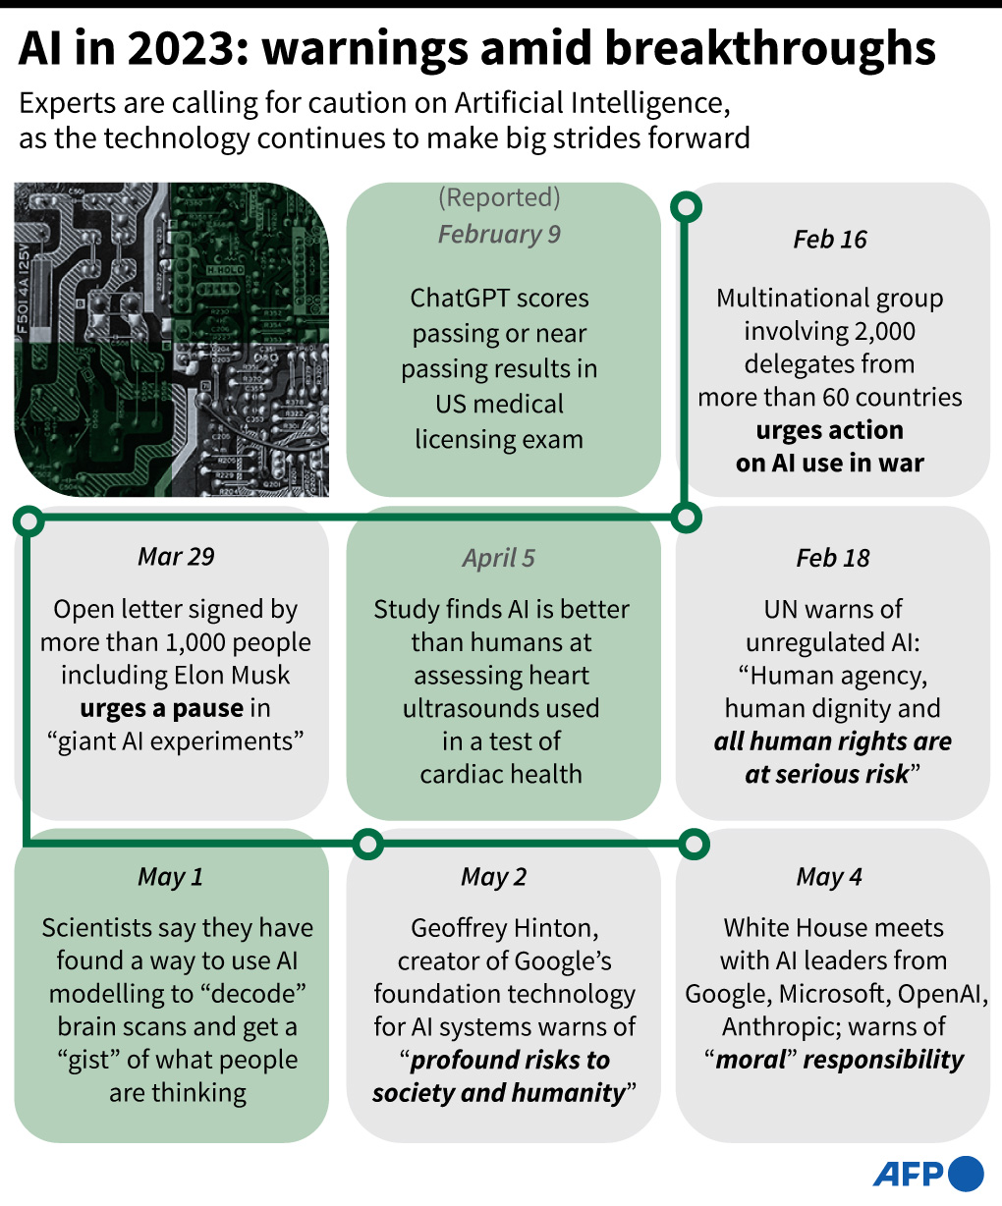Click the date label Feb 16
830,239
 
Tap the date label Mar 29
176,556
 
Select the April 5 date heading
499,559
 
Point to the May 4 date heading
829,877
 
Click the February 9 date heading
499,235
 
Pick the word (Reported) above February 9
499,197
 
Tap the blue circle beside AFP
967,1174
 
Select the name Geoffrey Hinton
505,928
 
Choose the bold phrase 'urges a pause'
162,709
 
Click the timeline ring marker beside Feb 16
686,207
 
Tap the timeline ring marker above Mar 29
28,521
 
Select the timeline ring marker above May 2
367,844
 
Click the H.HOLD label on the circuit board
226,270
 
